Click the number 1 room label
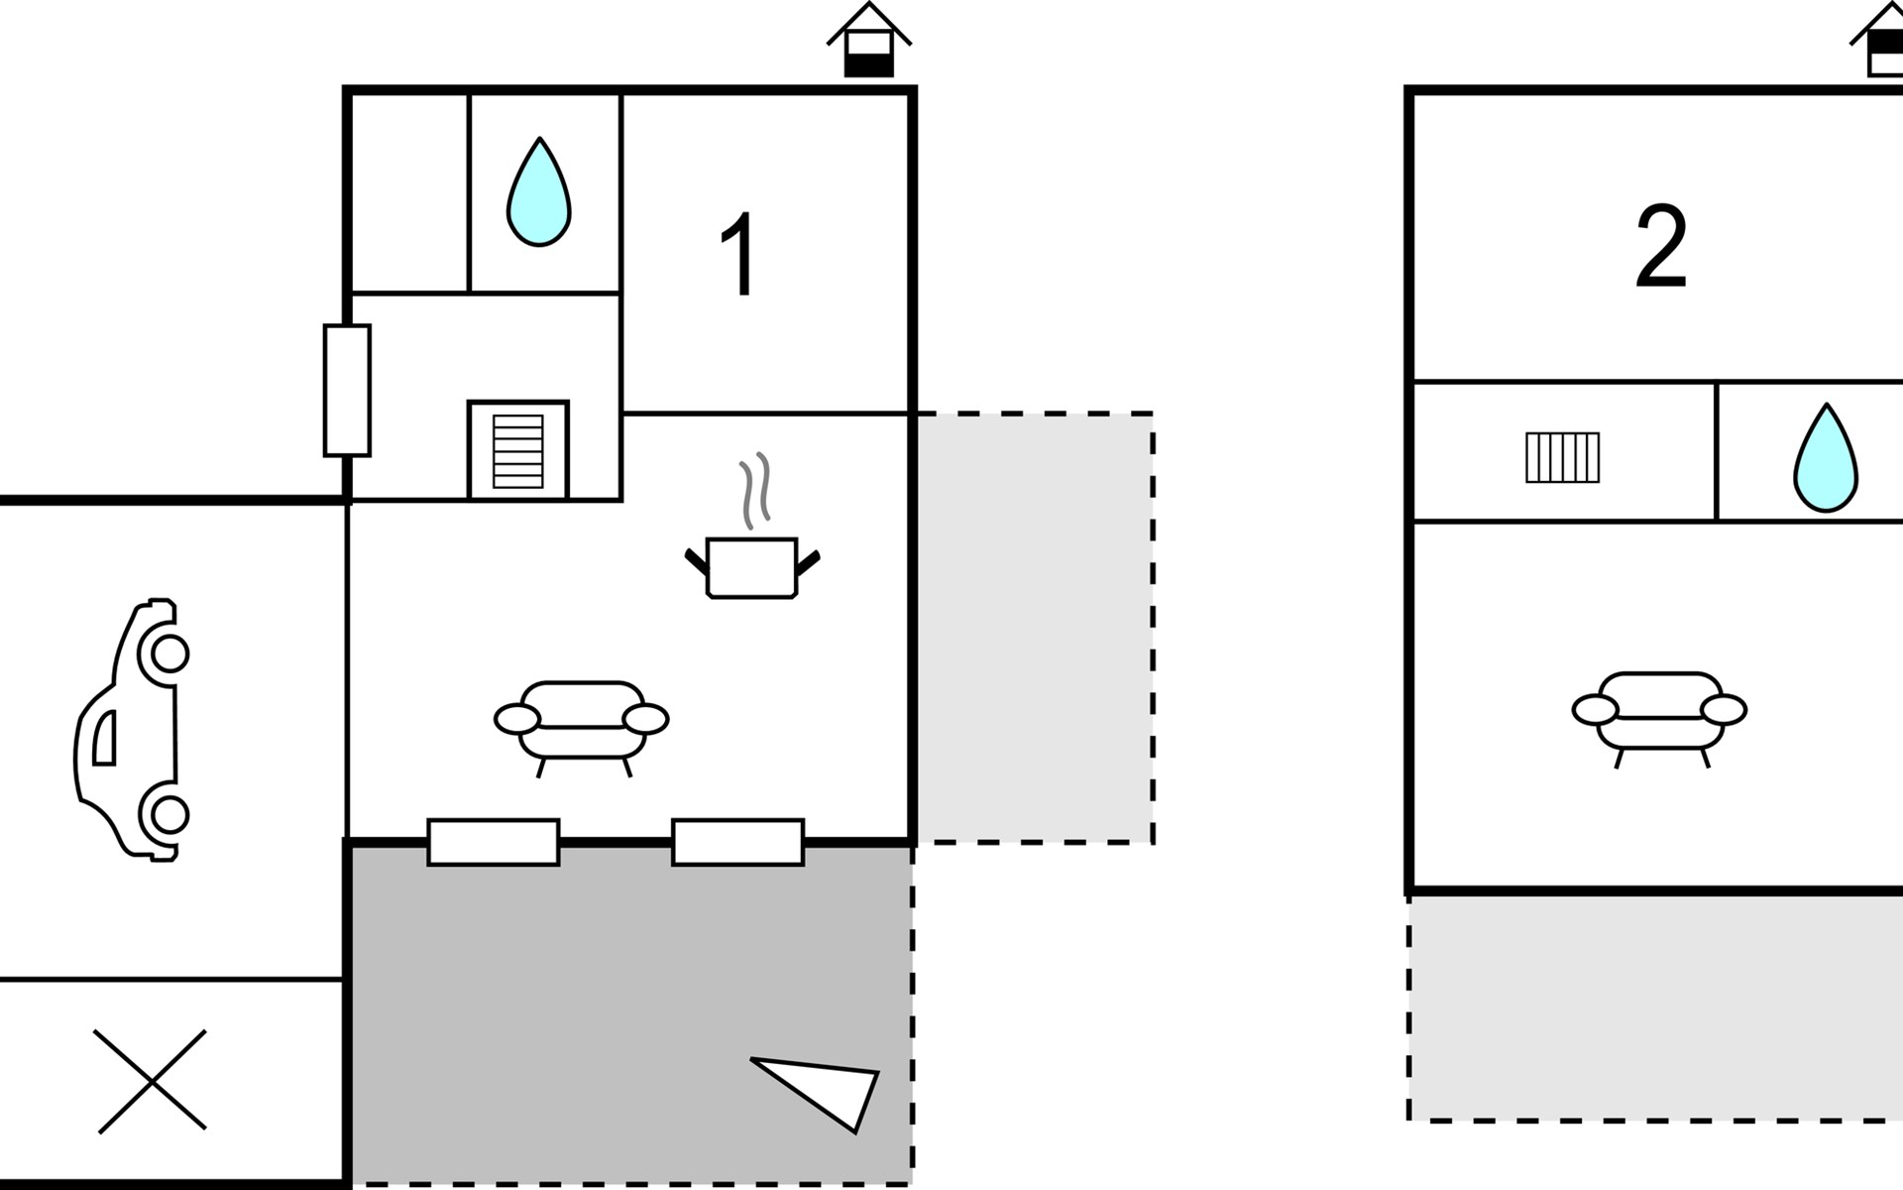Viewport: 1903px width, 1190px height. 739,255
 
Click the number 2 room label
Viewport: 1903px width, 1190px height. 1661,247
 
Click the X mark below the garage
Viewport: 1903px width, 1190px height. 151,1080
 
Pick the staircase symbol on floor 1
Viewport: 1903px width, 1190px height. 517,451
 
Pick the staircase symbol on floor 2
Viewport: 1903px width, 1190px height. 1562,457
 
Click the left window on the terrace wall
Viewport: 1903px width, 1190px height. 493,842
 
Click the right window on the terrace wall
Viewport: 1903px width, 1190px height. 737,842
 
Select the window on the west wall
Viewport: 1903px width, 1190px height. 347,390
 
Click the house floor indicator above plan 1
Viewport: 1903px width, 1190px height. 868,42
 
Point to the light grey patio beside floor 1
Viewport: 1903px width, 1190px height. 1034,628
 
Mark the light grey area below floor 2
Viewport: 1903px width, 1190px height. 1655,1008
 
